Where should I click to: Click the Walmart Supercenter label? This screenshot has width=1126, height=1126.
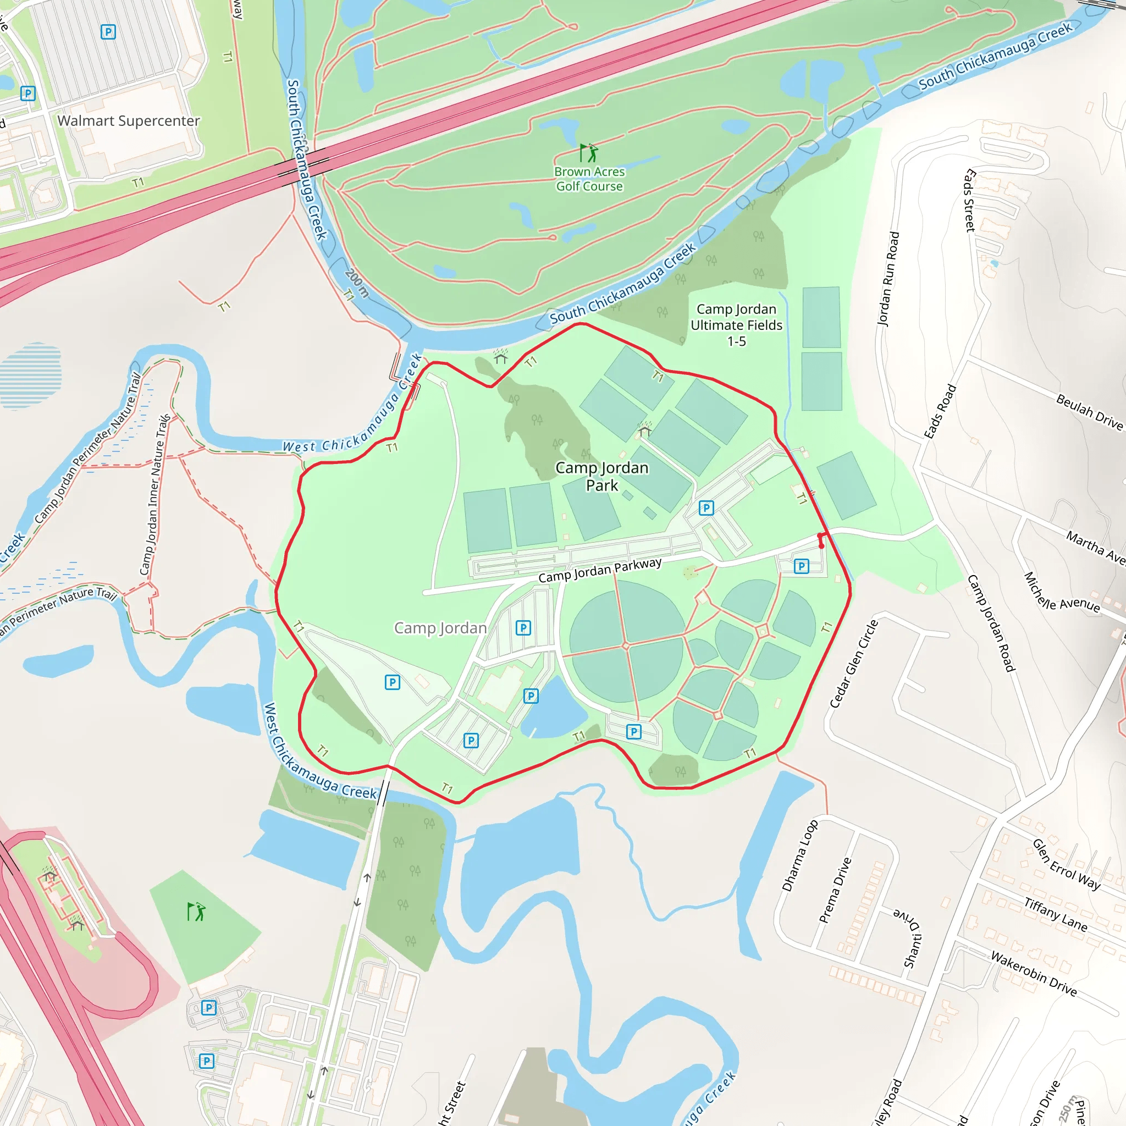[128, 120]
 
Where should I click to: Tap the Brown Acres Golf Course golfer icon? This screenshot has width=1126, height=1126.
[589, 153]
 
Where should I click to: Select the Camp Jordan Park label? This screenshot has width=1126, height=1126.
[601, 476]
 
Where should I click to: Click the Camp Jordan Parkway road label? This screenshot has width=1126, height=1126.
[600, 570]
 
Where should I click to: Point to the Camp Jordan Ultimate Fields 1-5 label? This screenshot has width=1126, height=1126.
[736, 325]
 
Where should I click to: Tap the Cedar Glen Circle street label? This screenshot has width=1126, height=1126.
[853, 664]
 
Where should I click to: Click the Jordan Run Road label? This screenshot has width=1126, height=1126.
[888, 279]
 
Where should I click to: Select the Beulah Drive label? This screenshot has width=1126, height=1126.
[1089, 412]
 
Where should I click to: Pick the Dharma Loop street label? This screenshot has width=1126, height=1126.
[799, 855]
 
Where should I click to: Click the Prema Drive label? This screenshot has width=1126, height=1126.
[835, 890]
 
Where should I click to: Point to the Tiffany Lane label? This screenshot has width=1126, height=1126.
[1056, 914]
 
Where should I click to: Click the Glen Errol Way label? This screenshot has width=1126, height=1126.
[1066, 864]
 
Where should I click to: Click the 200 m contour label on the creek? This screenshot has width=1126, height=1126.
[356, 283]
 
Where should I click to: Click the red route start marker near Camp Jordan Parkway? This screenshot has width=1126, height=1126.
[822, 545]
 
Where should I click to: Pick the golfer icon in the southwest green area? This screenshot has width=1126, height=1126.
[196, 912]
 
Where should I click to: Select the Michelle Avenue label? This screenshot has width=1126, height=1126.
[1061, 592]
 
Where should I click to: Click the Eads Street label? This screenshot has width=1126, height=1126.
[969, 200]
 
